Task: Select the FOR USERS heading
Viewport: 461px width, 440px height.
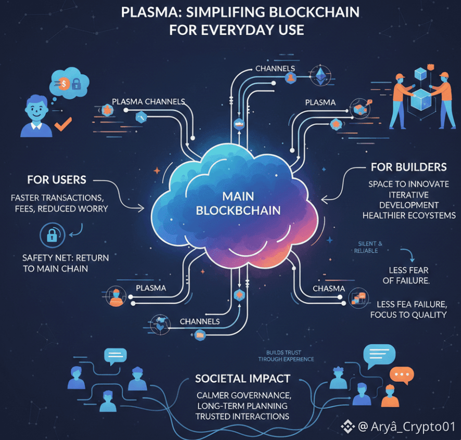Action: point(57,180)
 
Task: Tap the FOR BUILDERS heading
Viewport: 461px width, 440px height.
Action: point(408,167)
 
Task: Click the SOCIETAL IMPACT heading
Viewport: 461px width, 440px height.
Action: point(242,379)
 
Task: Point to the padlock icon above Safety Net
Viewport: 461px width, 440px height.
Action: point(52,236)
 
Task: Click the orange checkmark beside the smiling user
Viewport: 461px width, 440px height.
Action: point(63,123)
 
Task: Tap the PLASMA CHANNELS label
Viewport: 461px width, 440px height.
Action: point(148,102)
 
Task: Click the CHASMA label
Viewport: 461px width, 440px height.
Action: point(329,288)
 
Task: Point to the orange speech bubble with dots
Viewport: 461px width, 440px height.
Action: point(401,375)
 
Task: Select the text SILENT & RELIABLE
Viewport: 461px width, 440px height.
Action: point(370,247)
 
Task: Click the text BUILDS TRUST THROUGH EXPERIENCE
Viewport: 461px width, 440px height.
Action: point(286,356)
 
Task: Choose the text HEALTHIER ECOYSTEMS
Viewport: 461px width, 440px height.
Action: point(408,216)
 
